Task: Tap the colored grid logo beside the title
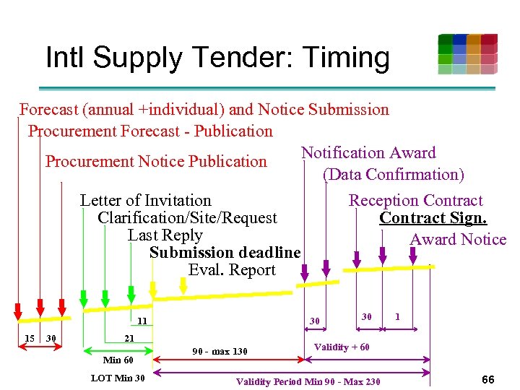467,54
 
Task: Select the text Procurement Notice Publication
156,161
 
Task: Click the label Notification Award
368,153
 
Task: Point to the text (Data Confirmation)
393,175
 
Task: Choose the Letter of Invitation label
145,201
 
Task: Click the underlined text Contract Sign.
433,218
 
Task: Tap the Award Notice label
458,240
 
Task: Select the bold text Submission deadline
225,253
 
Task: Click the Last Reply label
165,235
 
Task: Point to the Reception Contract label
415,201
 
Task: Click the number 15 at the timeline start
30,339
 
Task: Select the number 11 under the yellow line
142,321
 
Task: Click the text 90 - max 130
220,352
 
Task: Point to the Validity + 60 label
342,347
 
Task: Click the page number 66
487,379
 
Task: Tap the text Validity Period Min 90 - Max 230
308,381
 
